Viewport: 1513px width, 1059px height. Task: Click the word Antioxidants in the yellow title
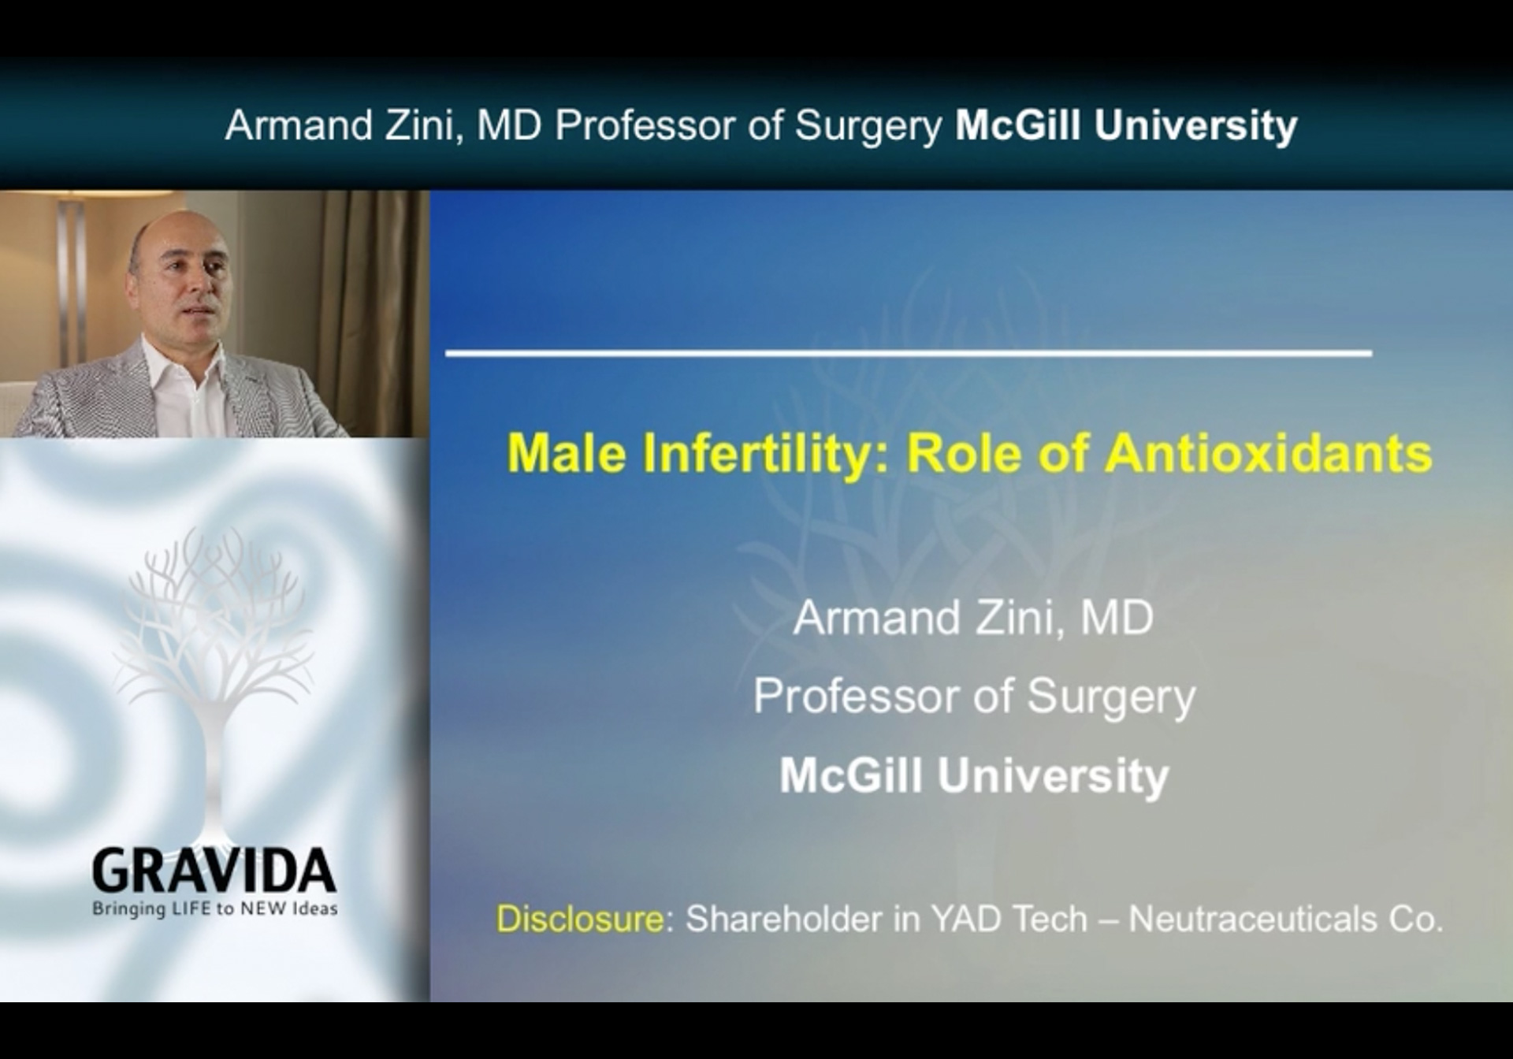tap(1268, 453)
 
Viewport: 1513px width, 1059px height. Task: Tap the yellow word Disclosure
tap(580, 919)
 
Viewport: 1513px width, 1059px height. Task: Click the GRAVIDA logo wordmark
tap(214, 871)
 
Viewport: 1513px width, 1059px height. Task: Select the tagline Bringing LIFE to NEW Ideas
tap(215, 909)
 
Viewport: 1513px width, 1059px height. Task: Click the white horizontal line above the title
tap(909, 353)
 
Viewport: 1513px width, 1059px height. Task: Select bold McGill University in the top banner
tap(1126, 125)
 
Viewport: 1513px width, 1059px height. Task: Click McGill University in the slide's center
tap(974, 776)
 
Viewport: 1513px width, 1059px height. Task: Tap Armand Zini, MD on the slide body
tap(973, 618)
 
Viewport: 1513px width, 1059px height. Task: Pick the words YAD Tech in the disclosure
tap(1009, 919)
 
